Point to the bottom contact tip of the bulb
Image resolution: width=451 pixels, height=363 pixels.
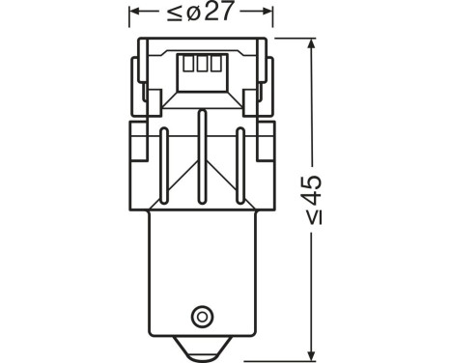point(202,350)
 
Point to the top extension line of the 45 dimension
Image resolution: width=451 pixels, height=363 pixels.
point(290,39)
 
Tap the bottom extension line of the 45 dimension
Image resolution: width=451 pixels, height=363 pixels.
point(280,354)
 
